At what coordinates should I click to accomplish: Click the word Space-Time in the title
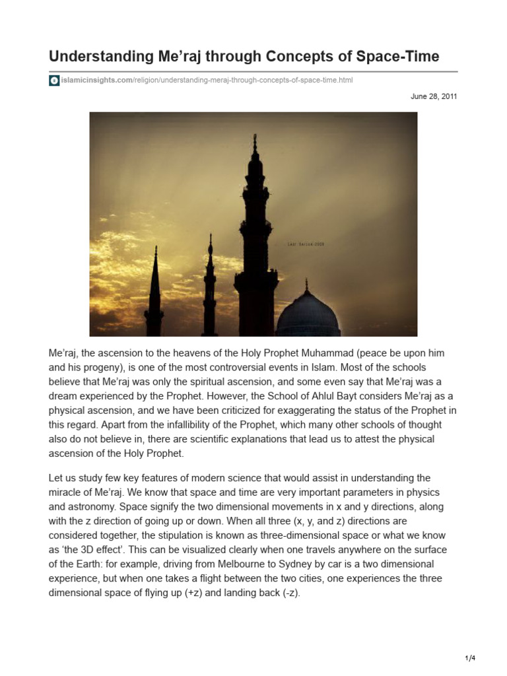399,56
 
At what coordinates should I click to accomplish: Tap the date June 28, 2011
434,96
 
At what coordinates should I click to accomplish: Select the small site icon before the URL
54,81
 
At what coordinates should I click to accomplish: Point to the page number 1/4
469,658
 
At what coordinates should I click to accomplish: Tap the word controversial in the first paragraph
251,366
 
